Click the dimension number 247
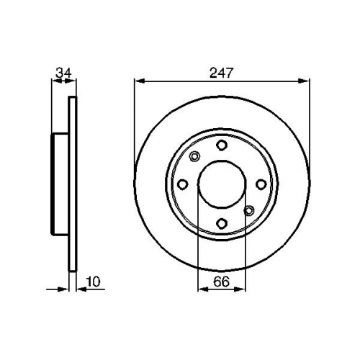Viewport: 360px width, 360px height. tap(221, 73)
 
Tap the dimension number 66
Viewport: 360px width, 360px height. tap(221, 282)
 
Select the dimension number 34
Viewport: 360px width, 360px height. tap(63, 73)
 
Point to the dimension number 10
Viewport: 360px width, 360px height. tap(93, 282)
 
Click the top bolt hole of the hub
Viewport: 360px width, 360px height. tap(222, 145)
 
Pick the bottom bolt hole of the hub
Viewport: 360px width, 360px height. tap(222, 223)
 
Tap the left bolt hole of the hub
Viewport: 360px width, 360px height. tap(183, 184)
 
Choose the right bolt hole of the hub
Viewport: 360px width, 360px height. tap(261, 184)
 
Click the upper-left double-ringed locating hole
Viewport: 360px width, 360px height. tap(194, 157)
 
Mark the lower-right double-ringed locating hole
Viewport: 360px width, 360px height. tap(249, 211)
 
